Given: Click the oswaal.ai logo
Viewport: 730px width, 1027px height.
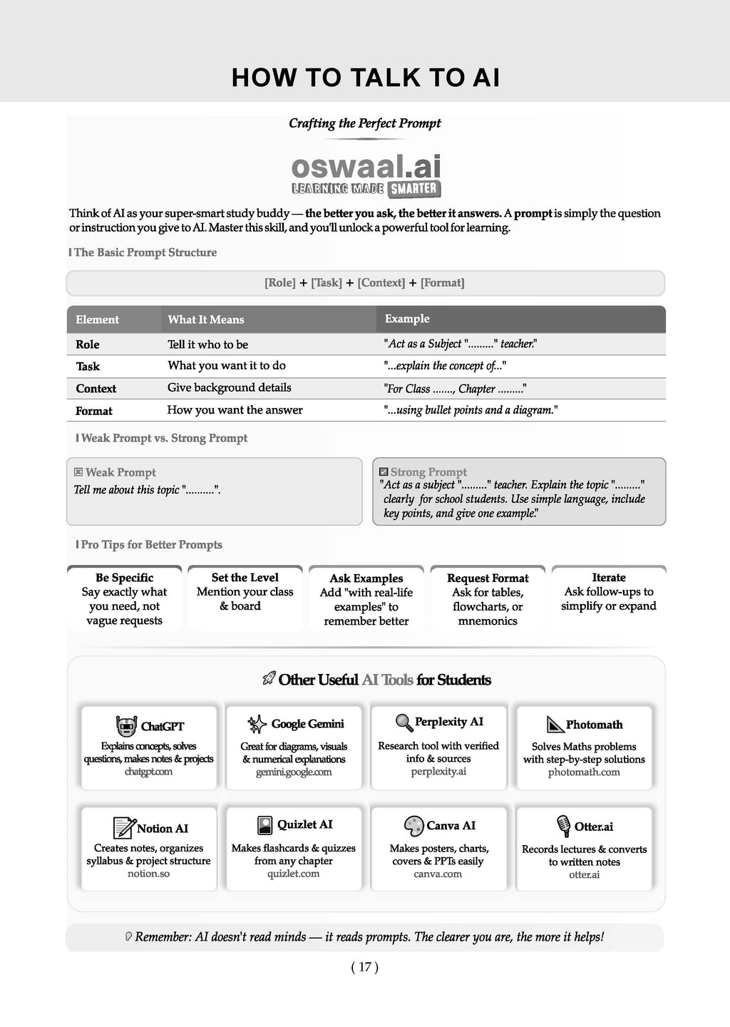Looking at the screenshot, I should (366, 174).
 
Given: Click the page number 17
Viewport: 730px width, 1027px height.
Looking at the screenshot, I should (365, 967).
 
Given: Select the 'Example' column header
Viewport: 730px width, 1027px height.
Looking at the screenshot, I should (407, 319).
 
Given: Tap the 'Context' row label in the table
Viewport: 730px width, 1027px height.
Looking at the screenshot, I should (96, 389).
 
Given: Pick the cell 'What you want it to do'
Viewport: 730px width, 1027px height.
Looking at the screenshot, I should (227, 365).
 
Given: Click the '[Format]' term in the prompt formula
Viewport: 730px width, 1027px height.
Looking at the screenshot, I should (443, 282).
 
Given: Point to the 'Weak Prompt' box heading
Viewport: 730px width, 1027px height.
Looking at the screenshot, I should (120, 472).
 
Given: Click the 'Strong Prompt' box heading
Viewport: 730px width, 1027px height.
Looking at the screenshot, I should (428, 471).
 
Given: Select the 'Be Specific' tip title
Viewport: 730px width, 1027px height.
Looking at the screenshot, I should (124, 578).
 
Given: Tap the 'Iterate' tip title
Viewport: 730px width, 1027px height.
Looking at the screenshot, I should (609, 578).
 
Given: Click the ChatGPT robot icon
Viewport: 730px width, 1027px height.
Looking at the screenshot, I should (126, 726).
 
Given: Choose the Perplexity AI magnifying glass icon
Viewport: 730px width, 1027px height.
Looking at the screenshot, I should (404, 722).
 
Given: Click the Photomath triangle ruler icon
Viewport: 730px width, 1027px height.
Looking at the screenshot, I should (555, 725).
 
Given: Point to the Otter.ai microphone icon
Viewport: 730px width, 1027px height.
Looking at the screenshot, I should (563, 826).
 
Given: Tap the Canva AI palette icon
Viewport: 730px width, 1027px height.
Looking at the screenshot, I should (413, 826).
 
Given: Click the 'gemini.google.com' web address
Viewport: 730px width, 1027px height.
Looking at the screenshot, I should (294, 772).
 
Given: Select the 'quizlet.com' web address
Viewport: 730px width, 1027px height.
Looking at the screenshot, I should (294, 874).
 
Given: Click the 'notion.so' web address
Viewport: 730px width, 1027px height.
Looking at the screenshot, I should (148, 874).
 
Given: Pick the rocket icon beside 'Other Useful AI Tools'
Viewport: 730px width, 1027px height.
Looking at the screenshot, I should (269, 679).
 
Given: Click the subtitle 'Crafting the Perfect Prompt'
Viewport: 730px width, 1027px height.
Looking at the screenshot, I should (365, 123).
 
